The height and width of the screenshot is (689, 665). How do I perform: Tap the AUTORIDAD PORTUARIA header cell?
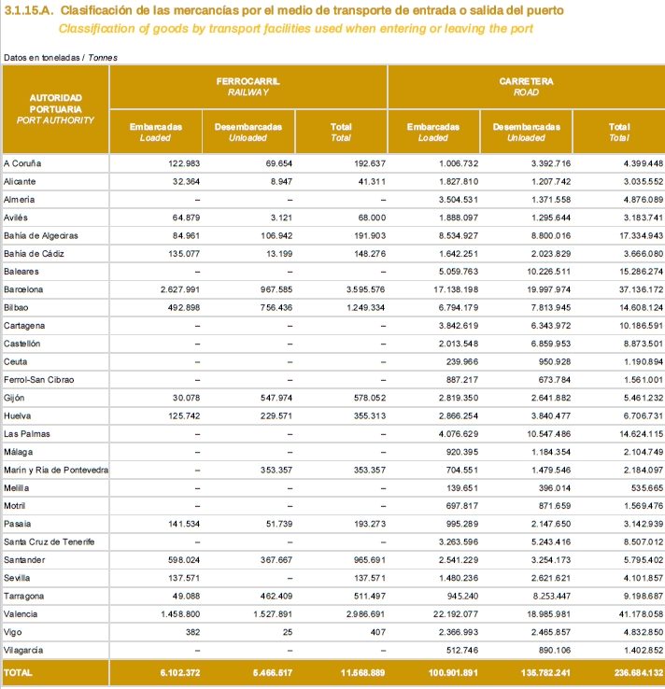point(56,108)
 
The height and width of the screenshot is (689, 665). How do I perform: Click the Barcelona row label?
point(23,289)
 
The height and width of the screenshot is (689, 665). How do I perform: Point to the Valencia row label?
point(21,613)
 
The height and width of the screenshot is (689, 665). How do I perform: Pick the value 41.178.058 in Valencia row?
point(634,613)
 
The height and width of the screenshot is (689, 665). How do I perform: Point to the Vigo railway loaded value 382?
point(192,631)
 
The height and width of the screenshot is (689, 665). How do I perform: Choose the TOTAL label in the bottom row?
point(18,672)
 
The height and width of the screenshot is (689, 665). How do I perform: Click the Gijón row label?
point(15,398)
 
